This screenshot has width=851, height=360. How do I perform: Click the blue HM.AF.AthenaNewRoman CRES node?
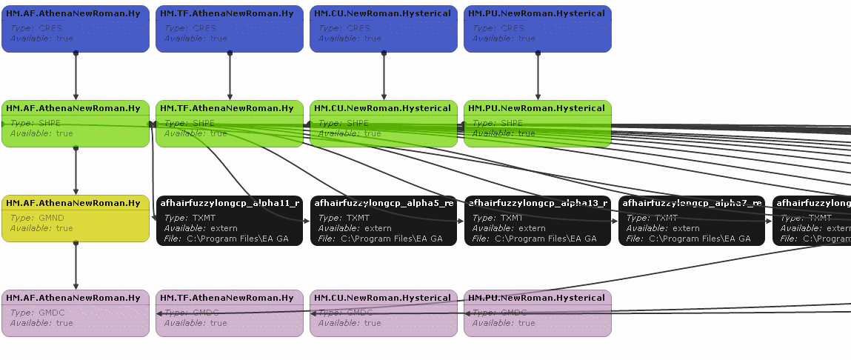[76, 29]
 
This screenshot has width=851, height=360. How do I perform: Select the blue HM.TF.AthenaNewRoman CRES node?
[230, 29]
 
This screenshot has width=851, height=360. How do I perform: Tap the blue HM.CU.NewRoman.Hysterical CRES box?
[384, 29]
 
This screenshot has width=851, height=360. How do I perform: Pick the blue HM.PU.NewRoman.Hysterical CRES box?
[538, 29]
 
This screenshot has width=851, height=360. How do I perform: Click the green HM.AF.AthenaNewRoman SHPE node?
[76, 124]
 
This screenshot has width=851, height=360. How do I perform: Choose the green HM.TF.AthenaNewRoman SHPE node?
[230, 124]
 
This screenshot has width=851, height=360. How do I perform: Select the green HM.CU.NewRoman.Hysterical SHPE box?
[384, 124]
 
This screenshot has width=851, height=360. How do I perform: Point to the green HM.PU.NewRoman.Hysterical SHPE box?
[538, 124]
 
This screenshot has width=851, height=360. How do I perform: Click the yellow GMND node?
[76, 219]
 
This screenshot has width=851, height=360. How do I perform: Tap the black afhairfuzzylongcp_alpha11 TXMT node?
[230, 221]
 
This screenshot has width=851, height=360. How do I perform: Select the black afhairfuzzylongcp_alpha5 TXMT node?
[384, 221]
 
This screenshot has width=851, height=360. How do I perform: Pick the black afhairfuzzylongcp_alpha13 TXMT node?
[538, 221]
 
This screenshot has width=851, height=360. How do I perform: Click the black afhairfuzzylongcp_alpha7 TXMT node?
[692, 221]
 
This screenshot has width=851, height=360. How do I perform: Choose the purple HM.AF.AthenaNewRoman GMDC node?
[76, 313]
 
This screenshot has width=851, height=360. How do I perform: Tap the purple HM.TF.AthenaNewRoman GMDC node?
[230, 313]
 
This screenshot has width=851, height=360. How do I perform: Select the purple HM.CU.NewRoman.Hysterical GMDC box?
[384, 313]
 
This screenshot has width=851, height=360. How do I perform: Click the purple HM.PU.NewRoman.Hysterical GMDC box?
[538, 313]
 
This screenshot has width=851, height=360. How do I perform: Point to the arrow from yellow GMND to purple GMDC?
[76, 267]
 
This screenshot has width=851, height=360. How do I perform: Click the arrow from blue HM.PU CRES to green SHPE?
[538, 76]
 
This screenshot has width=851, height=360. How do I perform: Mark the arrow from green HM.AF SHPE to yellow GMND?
[76, 172]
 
